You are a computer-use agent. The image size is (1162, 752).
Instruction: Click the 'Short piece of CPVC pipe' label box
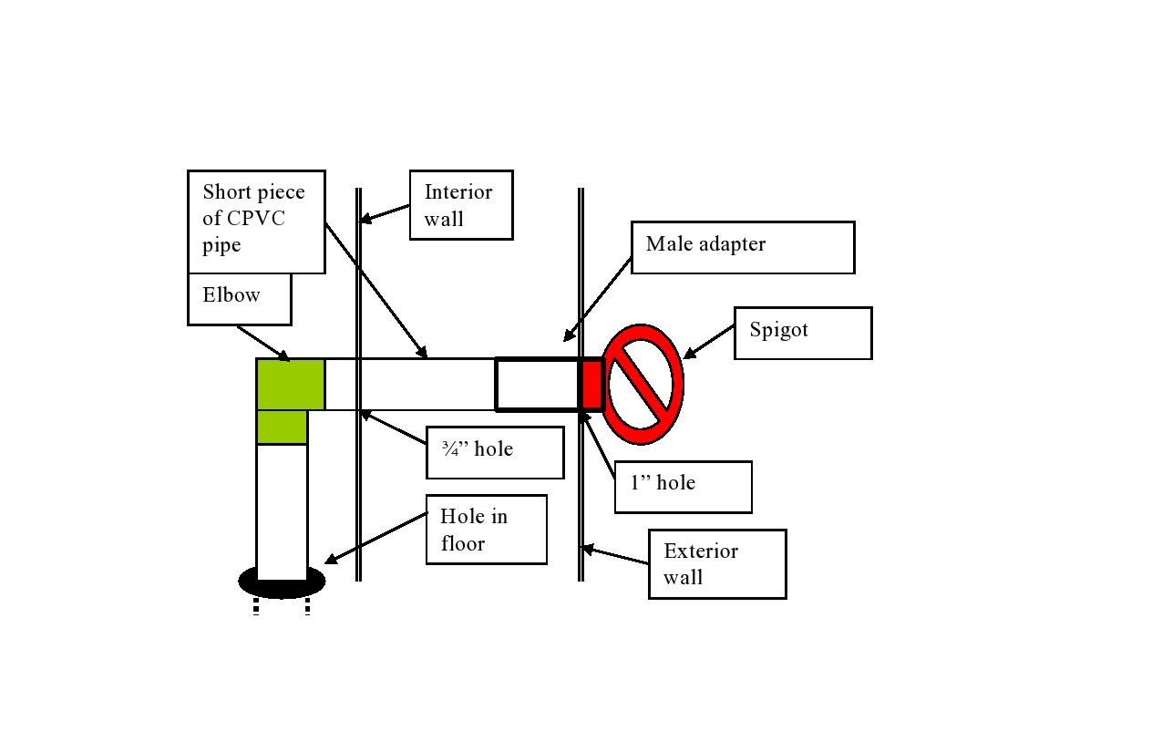point(256,221)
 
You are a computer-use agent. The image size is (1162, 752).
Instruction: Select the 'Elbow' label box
point(239,299)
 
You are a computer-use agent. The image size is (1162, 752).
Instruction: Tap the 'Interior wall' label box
point(460,205)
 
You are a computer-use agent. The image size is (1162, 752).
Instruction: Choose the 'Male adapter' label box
point(742,247)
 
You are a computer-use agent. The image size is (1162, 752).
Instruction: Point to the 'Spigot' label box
point(802,333)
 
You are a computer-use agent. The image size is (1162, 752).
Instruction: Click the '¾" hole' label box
point(495,452)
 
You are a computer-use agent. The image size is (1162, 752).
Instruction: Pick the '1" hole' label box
point(683,487)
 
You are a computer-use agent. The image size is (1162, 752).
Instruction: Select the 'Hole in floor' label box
point(487,530)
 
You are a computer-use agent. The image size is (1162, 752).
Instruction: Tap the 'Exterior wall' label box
point(716,563)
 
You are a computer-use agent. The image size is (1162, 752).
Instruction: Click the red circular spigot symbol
point(644,384)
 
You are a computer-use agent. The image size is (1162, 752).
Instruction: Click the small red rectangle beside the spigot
point(591,384)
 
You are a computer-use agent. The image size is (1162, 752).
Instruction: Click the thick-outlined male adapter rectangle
point(538,384)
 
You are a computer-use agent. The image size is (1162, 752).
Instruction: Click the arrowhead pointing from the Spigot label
point(690,354)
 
